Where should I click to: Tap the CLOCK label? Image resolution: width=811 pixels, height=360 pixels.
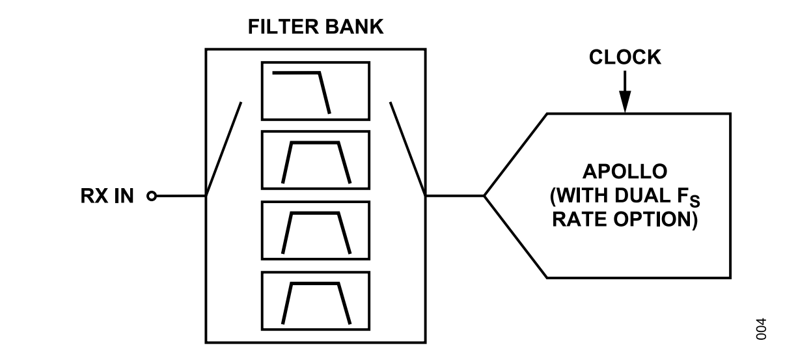pos(625,57)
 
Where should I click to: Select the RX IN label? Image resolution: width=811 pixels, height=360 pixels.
pos(107,195)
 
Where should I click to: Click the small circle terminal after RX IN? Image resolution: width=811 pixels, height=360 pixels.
pos(152,195)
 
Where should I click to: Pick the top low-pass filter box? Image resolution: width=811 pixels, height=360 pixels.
pos(315,90)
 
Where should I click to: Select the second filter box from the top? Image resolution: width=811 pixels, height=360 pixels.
pos(315,160)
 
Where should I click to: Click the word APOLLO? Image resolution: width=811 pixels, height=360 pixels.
pos(625,173)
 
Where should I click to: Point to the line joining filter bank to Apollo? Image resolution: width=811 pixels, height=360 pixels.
pos(454,195)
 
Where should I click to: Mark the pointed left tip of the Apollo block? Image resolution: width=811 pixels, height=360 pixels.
pos(485,195)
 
